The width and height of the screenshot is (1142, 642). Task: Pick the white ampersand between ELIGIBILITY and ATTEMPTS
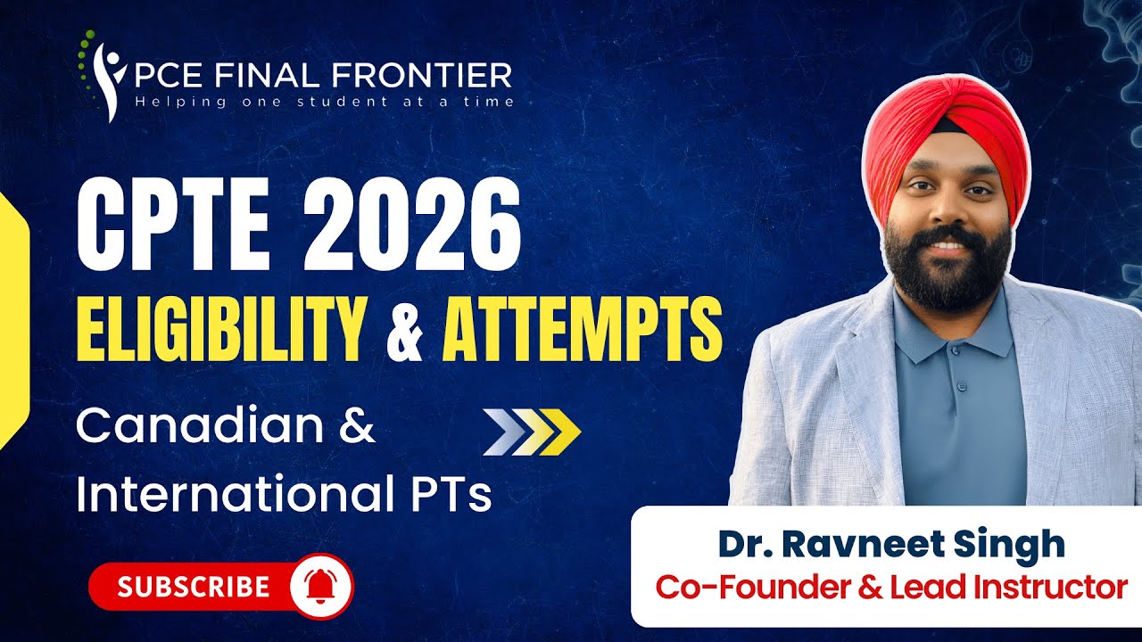404,331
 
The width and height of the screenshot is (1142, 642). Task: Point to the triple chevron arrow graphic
532,432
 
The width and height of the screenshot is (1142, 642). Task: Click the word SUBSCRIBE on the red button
194,587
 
